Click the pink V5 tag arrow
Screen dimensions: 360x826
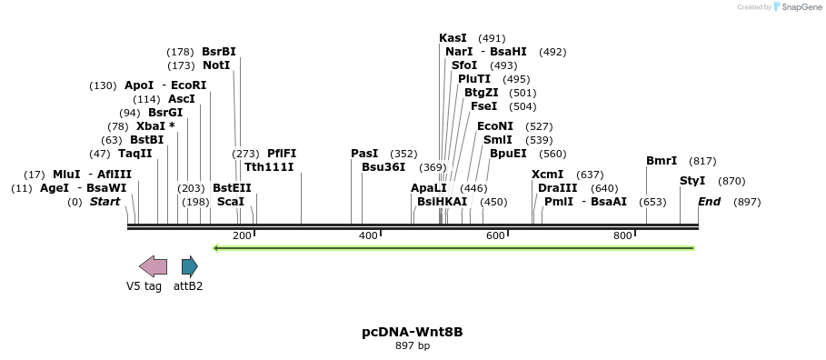coord(153,266)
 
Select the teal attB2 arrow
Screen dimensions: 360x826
coord(189,266)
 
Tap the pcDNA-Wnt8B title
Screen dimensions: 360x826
coord(413,332)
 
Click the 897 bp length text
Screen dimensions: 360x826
coord(413,346)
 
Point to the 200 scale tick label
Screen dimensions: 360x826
coord(242,236)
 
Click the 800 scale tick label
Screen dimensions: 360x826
coord(622,236)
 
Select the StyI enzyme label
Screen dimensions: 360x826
coord(692,181)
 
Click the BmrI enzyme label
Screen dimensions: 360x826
coord(662,161)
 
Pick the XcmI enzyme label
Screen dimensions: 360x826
coord(548,175)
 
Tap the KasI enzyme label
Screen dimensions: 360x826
coord(453,38)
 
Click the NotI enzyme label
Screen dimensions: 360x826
coord(216,65)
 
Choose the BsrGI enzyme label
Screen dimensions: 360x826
coord(165,113)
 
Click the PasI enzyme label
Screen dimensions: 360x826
coord(364,154)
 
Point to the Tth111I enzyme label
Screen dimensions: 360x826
coord(269,167)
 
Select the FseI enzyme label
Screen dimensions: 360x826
coord(483,106)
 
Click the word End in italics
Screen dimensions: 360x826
coord(709,202)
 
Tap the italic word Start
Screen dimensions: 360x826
coord(104,202)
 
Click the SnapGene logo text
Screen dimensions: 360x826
coord(797,7)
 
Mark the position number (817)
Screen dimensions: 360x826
coord(702,161)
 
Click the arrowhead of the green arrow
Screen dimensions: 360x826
coord(215,247)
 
